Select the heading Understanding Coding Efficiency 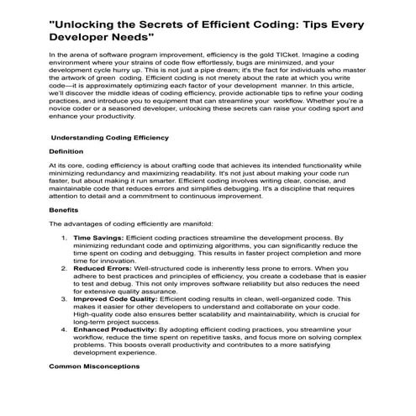109,137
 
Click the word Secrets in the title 168,21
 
